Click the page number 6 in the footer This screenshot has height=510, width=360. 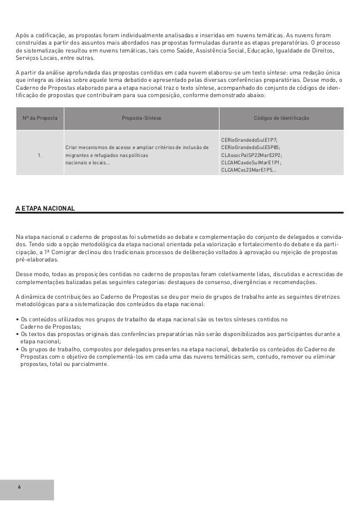point(19,487)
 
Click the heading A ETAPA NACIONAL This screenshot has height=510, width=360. point(45,208)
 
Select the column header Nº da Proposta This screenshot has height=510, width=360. point(39,119)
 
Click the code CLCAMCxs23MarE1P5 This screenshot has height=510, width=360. point(248,169)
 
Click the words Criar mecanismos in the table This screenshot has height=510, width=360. point(87,147)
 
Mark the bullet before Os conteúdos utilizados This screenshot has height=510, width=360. point(17,319)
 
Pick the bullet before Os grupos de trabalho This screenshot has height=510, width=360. point(17,350)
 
